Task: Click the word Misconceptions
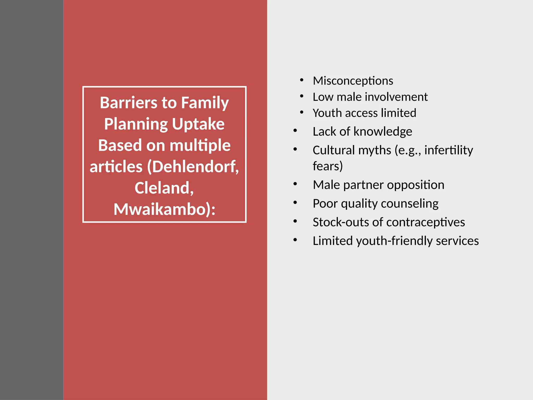[353, 81]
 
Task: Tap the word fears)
[328, 166]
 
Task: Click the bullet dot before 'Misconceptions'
[302, 80]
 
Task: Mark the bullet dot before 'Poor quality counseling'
[295, 203]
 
